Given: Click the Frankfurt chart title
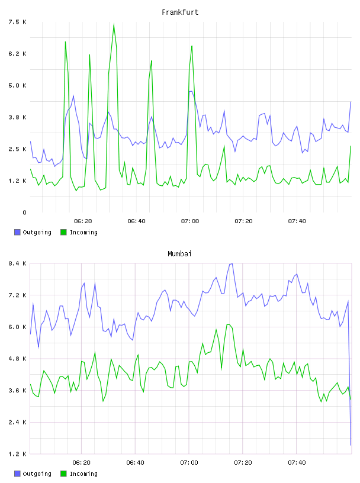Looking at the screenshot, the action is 180,12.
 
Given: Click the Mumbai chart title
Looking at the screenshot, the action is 179,254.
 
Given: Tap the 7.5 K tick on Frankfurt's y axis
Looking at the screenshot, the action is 17,22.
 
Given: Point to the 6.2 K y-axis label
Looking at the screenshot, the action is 17,54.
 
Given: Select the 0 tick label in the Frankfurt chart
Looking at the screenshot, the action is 24,212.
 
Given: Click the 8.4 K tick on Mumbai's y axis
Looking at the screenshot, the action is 17,263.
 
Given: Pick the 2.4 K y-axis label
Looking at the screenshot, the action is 17,422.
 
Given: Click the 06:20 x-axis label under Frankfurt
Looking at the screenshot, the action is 83,221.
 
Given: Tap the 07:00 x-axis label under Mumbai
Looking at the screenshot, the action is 189,462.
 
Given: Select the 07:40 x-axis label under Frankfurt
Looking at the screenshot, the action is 297,221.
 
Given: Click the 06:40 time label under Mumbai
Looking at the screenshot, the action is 135,462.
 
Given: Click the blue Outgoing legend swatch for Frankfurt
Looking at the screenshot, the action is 17,232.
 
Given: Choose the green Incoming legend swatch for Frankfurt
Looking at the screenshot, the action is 63,232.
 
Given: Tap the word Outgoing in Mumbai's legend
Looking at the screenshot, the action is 37,474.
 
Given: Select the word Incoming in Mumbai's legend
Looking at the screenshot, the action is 83,474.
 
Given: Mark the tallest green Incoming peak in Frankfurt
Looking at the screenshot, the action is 114,24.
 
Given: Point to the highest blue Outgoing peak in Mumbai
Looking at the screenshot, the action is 232,263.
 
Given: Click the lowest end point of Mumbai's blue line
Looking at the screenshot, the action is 351,445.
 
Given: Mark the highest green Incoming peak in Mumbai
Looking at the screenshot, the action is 228,325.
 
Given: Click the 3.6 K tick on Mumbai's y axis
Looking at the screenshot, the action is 17,391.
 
